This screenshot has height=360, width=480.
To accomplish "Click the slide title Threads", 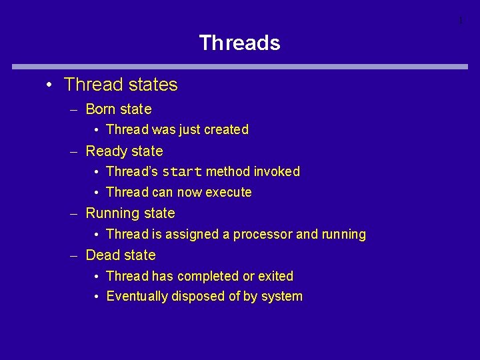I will click(239, 43).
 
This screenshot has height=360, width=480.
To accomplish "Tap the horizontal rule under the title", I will click(240, 67).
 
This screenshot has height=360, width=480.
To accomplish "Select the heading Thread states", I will click(121, 85).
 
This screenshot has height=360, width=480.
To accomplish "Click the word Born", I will click(101, 109).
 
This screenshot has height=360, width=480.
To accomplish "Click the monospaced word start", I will click(182, 172).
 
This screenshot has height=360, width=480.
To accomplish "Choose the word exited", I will click(275, 276).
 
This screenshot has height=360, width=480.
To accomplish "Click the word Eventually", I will click(137, 297).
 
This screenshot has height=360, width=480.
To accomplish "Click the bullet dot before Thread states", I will click(49, 85).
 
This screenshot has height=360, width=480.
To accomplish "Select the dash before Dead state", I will click(76, 256).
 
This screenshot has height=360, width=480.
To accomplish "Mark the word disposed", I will click(198, 297).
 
